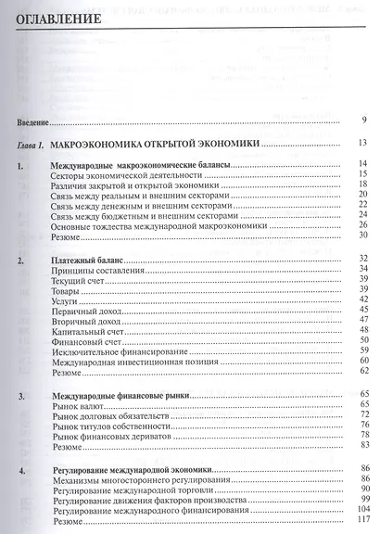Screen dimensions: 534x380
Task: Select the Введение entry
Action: point(32,121)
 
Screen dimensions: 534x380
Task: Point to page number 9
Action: point(365,120)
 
